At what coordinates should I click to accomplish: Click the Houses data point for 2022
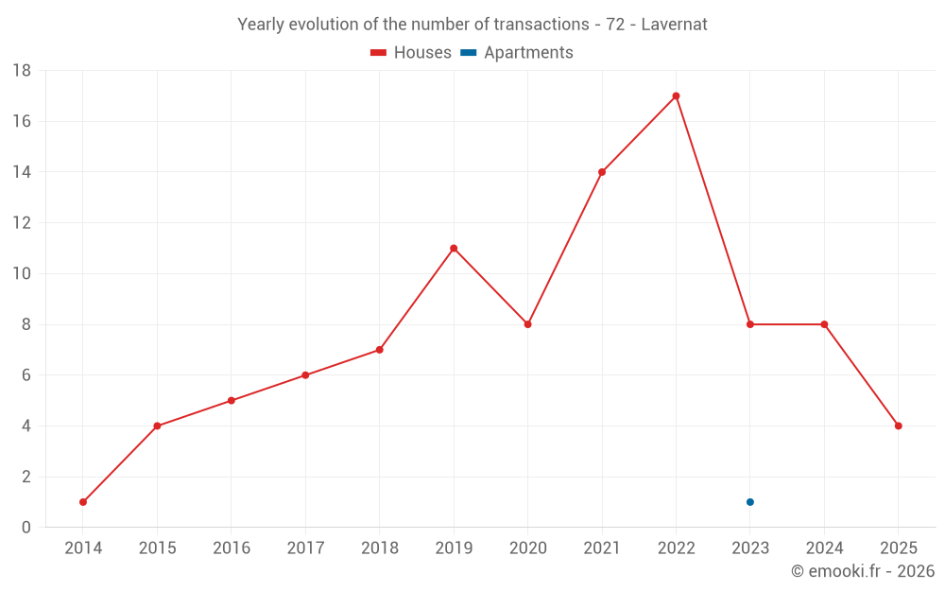[676, 96]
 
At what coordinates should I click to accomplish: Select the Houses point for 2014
[83, 502]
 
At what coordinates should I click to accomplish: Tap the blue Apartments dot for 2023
[750, 502]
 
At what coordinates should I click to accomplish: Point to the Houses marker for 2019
[454, 249]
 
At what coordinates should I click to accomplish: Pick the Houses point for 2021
[602, 172]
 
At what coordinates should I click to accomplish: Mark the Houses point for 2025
[899, 426]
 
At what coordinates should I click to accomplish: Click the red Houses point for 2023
[750, 324]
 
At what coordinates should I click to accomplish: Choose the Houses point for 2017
[305, 375]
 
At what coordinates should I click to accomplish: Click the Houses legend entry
[411, 53]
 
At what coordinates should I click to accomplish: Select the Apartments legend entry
[517, 53]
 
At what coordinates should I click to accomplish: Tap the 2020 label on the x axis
[527, 548]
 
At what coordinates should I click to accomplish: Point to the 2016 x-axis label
[232, 548]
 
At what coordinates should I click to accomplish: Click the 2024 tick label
[824, 548]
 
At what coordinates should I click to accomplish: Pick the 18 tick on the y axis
[22, 71]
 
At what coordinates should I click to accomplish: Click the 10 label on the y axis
[22, 274]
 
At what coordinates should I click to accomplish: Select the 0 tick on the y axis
[26, 528]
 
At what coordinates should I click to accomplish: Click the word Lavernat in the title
[674, 25]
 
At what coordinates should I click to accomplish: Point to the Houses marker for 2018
[380, 350]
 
